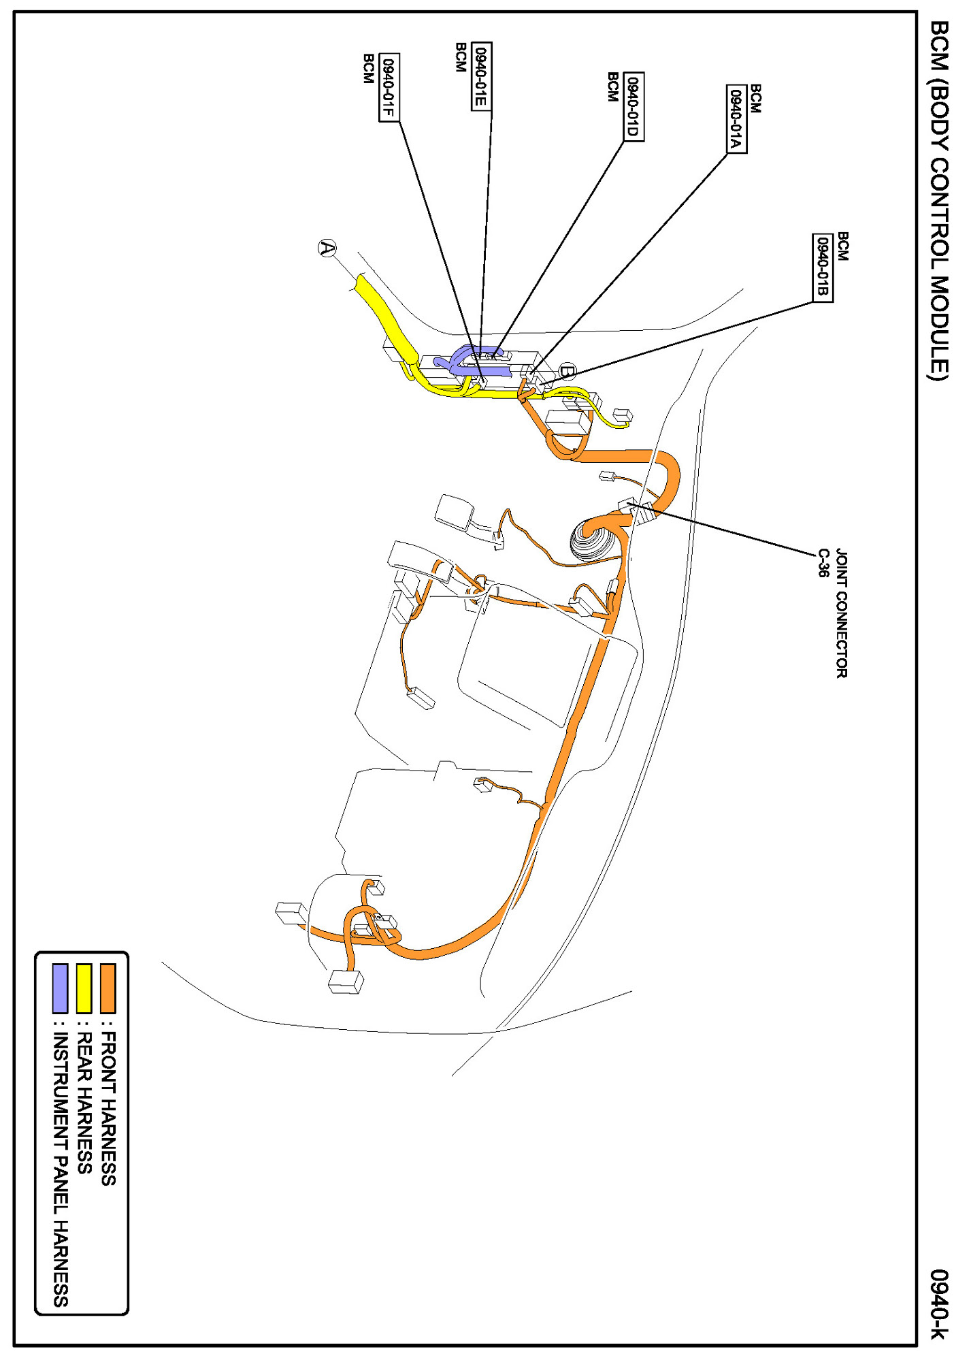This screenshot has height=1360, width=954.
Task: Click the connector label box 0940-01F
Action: pos(389,88)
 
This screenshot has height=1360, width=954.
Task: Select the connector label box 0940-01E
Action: pos(481,76)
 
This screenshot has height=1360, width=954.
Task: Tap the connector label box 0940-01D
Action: pos(634,107)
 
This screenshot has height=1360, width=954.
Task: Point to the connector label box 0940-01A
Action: pos(736,120)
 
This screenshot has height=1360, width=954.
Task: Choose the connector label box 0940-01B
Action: pos(823,268)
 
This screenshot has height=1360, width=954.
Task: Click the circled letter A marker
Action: pos(328,248)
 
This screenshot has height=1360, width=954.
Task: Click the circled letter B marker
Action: pos(567,372)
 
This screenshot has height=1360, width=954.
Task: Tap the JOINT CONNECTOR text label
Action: pos(842,613)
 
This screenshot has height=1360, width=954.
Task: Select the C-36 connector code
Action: pos(823,563)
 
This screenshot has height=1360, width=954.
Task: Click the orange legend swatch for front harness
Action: pos(108,988)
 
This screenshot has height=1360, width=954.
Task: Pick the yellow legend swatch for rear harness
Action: pos(84,988)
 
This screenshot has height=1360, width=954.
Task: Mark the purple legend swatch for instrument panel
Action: pos(61,988)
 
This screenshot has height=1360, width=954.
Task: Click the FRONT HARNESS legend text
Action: pos(109,1109)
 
